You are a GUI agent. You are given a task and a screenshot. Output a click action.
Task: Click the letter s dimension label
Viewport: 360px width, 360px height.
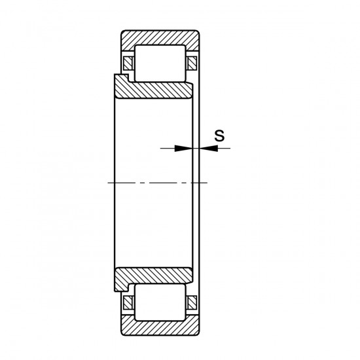pyautogui.click(x=220, y=136)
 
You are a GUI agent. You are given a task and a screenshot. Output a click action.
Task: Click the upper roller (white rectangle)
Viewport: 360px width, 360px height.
pyautogui.click(x=160, y=63)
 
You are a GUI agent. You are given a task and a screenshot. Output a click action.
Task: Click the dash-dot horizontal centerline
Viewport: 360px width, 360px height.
pyautogui.click(x=157, y=181)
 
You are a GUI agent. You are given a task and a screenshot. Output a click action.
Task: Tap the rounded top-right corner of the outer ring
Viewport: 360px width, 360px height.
pyautogui.click(x=198, y=32)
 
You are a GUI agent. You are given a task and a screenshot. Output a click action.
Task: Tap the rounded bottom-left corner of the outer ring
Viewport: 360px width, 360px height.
pyautogui.click(x=122, y=331)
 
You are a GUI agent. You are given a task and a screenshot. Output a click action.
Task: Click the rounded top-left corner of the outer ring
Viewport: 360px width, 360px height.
pyautogui.click(x=122, y=32)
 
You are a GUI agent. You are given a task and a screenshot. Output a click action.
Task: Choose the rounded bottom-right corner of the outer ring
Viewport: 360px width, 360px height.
pyautogui.click(x=198, y=331)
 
